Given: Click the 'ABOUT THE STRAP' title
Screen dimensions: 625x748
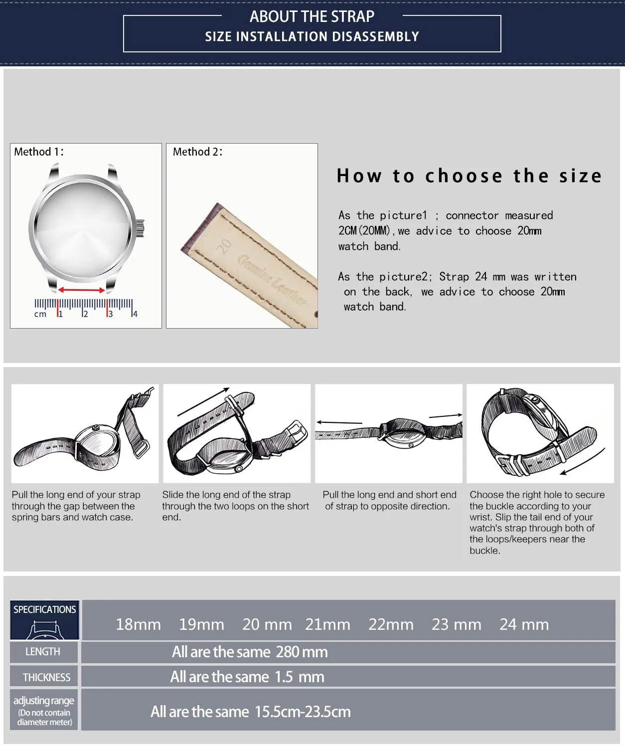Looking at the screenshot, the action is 312,16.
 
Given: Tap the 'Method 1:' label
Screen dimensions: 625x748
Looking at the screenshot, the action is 39,152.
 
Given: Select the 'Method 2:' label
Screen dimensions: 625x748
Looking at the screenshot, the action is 198,152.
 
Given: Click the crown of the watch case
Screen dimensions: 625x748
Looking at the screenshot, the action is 140,228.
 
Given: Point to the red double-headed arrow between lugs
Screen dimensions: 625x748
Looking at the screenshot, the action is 82,290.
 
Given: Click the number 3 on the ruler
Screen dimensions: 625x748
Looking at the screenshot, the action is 111,314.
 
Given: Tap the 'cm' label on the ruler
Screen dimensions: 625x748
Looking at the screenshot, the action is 40,315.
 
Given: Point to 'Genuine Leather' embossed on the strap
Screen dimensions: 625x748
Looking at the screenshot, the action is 272,279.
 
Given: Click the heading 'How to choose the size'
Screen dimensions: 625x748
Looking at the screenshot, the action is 469,176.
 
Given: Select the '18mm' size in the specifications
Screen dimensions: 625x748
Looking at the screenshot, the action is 138,624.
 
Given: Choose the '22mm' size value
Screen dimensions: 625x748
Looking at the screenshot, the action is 391,624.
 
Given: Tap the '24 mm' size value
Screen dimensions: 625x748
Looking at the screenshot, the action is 524,624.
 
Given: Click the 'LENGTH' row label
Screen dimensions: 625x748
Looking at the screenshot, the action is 43,652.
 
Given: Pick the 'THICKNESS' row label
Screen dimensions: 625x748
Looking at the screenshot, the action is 46,677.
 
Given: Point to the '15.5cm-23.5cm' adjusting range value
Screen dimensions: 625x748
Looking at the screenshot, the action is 303,712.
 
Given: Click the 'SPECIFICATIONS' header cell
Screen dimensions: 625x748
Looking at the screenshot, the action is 45,609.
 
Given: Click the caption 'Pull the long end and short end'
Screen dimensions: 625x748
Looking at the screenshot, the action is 390,495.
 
